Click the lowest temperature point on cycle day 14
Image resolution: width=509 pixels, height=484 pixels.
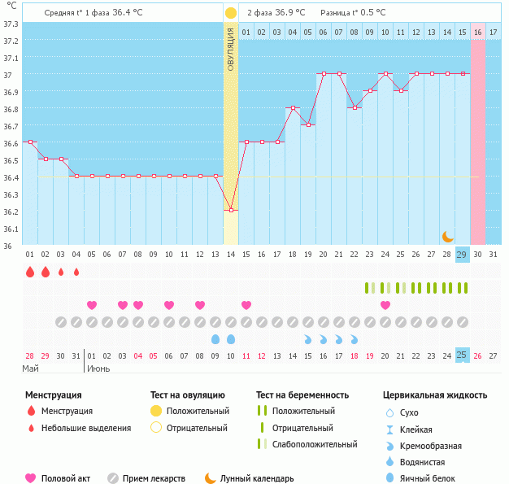[x=231, y=211]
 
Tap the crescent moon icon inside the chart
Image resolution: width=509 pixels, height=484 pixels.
[x=447, y=236]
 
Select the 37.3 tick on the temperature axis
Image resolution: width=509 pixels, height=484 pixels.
[x=10, y=24]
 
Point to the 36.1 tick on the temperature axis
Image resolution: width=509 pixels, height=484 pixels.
[x=10, y=229]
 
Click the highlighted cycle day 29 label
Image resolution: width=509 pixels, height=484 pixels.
[x=462, y=255]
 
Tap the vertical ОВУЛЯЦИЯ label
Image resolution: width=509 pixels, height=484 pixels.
[x=231, y=49]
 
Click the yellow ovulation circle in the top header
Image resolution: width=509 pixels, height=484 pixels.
[x=231, y=13]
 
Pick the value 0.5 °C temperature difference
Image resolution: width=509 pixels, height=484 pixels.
[x=371, y=13]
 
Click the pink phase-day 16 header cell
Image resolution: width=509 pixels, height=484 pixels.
[x=478, y=32]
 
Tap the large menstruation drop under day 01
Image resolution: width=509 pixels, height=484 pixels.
[x=30, y=272]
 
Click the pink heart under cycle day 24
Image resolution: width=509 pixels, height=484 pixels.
[x=385, y=305]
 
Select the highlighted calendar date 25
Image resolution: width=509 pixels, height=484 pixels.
[x=462, y=355]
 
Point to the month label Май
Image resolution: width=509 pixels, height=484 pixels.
[x=30, y=368]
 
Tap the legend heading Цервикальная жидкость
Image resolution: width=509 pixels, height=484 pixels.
[x=435, y=395]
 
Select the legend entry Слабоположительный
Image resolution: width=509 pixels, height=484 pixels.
[x=315, y=444]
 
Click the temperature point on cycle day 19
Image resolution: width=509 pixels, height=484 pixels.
[x=308, y=124]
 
